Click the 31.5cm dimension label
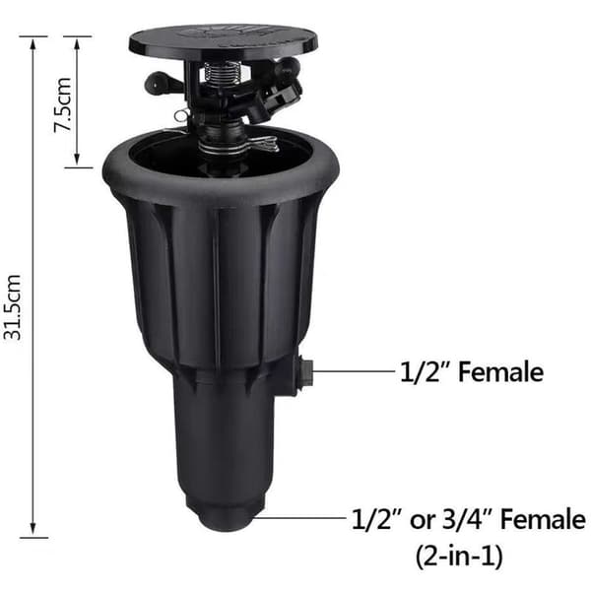click(x=12, y=307)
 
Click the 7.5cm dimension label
click(x=63, y=105)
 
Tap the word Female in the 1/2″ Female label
click(x=500, y=372)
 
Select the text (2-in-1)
click(x=459, y=556)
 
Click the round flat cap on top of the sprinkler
click(x=224, y=42)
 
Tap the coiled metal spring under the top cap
click(x=219, y=76)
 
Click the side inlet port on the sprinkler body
click(x=305, y=372)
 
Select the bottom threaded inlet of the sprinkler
click(x=225, y=512)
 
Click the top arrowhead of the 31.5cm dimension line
click(x=33, y=43)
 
